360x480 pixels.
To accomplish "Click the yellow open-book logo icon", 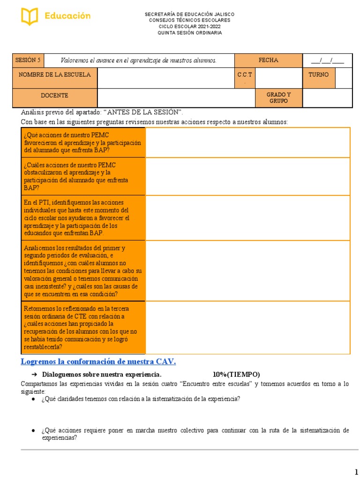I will (x=29, y=16).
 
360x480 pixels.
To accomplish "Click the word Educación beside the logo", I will (x=67, y=16).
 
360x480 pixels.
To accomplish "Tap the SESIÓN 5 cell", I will (x=28, y=60).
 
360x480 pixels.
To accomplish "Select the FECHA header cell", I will (x=268, y=60).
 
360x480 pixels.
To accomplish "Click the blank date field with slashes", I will (x=327, y=60).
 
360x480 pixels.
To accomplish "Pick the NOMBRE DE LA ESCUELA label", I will (x=54, y=75).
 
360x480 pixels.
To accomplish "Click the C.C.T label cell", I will (x=245, y=77).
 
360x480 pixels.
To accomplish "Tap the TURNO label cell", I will (x=318, y=75).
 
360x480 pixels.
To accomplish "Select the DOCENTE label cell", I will (x=54, y=96).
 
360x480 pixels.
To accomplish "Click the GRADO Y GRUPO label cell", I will (x=278, y=97).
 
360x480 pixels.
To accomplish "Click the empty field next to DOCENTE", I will (x=175, y=98).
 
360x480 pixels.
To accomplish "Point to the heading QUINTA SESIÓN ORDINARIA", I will (x=189, y=33).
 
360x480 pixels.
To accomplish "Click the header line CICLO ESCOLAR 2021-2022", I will (x=189, y=27).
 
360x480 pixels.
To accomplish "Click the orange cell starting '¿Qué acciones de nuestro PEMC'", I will (x=83, y=143).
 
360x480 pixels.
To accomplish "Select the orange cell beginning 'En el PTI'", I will (x=83, y=218).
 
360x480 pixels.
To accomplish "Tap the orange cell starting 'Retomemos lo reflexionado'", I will (x=83, y=328).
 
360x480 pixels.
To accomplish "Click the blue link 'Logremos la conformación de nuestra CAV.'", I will (x=98, y=361).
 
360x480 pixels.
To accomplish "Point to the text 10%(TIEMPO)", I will (x=236, y=375).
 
